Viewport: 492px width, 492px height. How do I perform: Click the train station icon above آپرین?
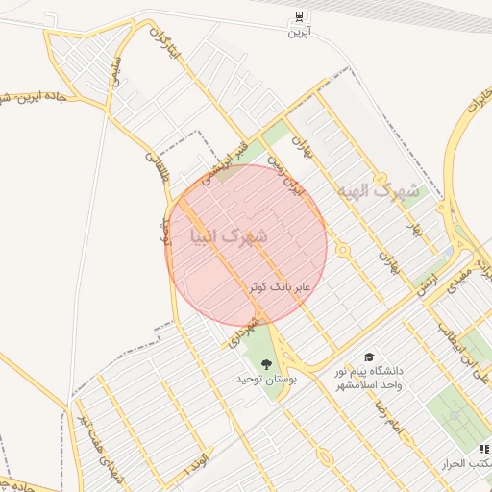[300, 16]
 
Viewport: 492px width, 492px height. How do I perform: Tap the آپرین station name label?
[300, 32]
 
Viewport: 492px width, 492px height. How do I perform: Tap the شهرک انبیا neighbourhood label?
[230, 234]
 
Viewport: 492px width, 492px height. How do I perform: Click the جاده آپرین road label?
[38, 97]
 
